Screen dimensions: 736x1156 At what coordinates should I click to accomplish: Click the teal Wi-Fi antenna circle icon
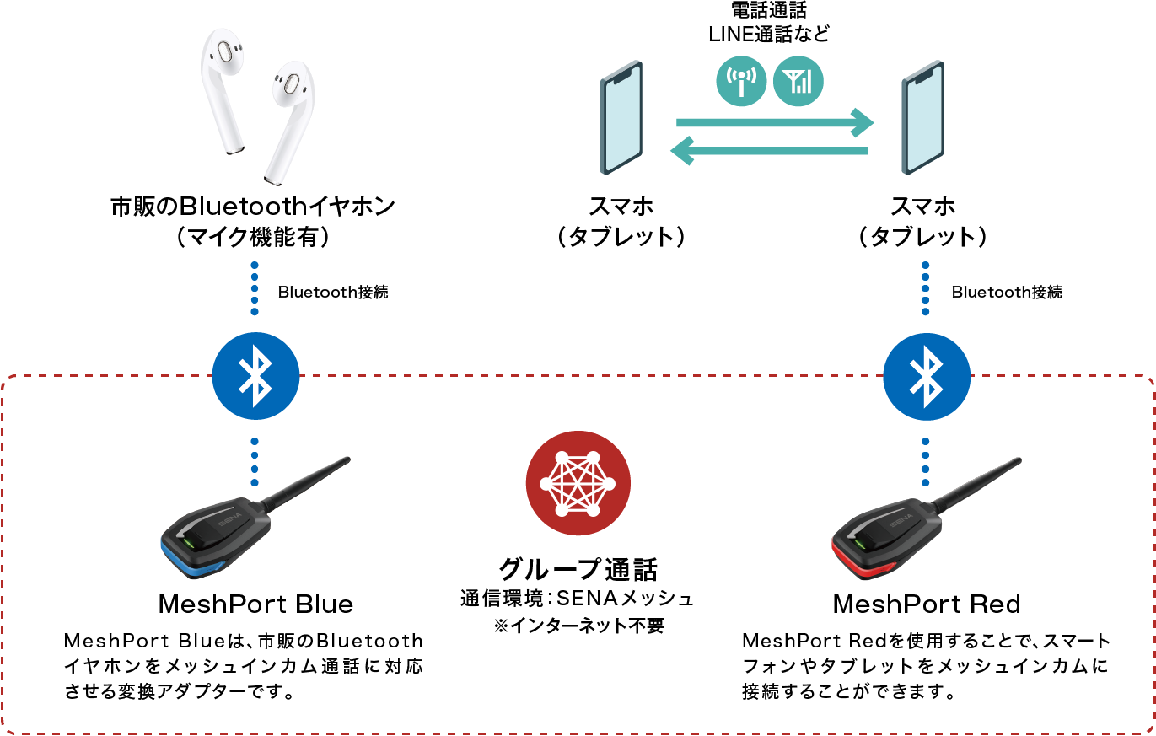pyautogui.click(x=740, y=82)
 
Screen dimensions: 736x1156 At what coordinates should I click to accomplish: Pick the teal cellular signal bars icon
pyautogui.click(x=798, y=82)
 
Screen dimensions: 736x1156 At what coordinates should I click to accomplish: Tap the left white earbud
pyautogui.click(x=223, y=89)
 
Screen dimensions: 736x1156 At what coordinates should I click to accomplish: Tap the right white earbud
pyautogui.click(x=285, y=118)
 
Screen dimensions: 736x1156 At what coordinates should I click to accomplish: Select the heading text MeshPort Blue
pyautogui.click(x=255, y=604)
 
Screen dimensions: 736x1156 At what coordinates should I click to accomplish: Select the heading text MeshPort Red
pyautogui.click(x=926, y=604)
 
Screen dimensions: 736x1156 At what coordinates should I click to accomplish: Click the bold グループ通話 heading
pyautogui.click(x=578, y=570)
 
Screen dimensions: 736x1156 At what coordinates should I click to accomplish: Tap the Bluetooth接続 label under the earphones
pyautogui.click(x=333, y=293)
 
